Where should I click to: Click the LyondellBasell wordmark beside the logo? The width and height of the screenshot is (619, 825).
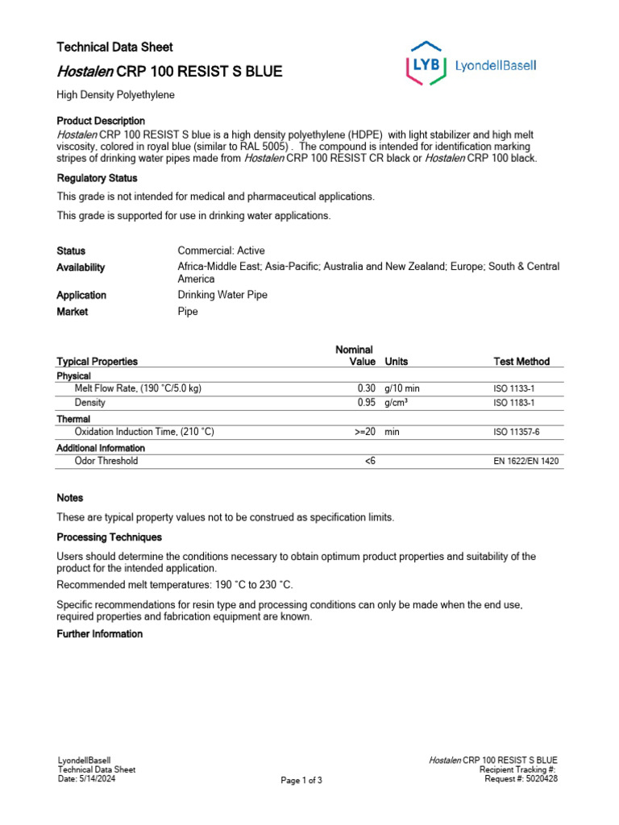tap(496, 66)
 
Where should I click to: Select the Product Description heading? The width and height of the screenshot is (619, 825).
tap(101, 121)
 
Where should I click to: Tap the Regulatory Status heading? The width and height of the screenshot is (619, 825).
tap(97, 178)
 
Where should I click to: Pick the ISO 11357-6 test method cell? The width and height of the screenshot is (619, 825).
tap(517, 433)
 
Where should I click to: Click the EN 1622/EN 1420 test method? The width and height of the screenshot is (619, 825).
tap(526, 462)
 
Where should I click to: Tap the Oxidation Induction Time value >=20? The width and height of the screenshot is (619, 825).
tap(365, 433)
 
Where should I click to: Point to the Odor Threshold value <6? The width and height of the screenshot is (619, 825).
tap(370, 462)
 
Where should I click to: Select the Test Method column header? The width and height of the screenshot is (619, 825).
tap(521, 362)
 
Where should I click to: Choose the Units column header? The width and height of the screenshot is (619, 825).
tap(397, 362)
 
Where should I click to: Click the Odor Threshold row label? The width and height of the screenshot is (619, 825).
tap(106, 462)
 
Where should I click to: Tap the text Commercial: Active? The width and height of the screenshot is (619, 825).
tap(221, 251)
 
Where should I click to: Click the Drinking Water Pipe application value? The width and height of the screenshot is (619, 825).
tap(222, 295)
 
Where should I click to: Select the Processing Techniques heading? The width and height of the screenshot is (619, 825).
tap(109, 537)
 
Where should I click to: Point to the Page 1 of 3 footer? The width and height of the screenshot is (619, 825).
tap(301, 781)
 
